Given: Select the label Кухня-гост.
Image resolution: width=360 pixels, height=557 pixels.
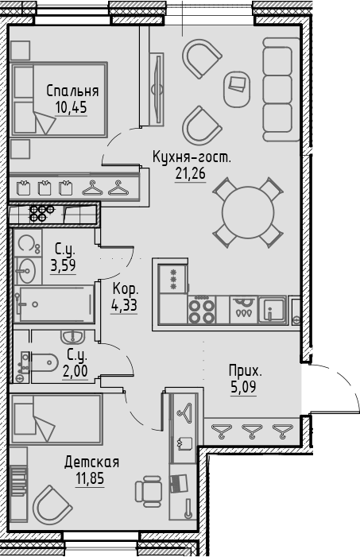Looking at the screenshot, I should (x=192, y=157).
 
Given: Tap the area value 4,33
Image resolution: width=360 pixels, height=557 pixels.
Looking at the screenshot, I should (x=125, y=304).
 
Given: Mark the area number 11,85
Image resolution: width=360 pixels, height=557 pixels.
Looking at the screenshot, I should (x=93, y=479).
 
